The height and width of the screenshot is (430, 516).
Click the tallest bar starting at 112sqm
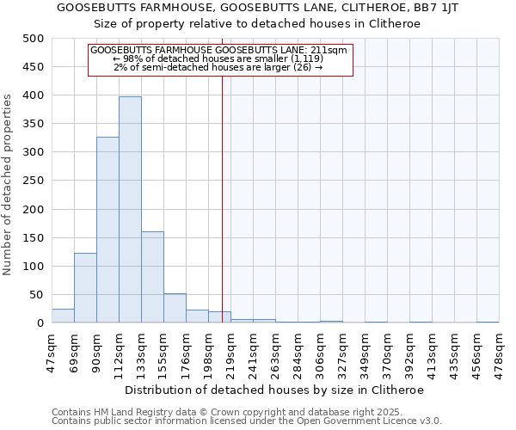pyautogui.click(x=130, y=210)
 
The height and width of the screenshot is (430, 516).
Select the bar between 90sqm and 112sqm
pyautogui.click(x=107, y=230)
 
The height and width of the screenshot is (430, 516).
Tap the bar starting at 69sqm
pyautogui.click(x=85, y=288)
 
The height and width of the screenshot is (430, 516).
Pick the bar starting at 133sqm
pyautogui.click(x=152, y=277)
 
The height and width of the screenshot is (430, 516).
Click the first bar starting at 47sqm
pyautogui.click(x=63, y=316)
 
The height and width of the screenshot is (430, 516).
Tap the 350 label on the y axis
pyautogui.click(x=34, y=124)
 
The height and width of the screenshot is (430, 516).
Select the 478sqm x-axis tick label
pyautogui.click(x=500, y=350)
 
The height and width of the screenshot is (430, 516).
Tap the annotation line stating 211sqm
pyautogui.click(x=218, y=50)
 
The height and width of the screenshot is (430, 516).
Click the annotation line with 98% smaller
pyautogui.click(x=218, y=58)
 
